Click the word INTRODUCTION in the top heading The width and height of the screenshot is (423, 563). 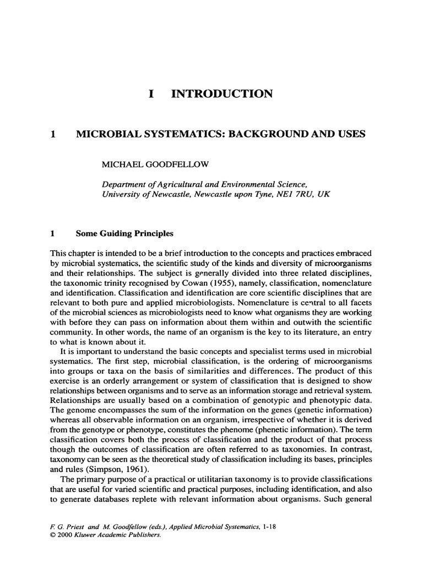click(x=223, y=94)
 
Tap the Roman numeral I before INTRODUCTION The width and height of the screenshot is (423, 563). click(x=151, y=94)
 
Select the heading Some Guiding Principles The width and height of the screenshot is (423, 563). click(x=124, y=234)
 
